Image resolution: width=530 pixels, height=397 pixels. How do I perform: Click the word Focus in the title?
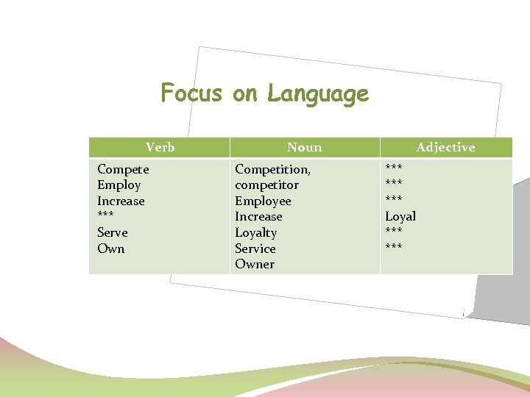tap(191, 94)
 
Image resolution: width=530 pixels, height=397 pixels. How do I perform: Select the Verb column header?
tap(160, 147)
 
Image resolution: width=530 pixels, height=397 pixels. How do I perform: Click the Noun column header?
tap(304, 147)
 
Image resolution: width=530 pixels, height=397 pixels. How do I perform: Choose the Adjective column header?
tap(445, 147)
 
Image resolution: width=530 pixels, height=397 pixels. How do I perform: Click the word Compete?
tap(123, 169)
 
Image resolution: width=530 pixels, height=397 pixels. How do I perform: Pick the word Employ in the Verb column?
tap(119, 185)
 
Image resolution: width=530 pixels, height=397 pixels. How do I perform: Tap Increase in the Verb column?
tap(121, 201)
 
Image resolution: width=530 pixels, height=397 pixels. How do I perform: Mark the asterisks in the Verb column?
tap(105, 217)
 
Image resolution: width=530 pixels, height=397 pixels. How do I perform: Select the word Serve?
tap(112, 232)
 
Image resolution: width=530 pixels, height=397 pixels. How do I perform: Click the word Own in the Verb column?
tap(110, 248)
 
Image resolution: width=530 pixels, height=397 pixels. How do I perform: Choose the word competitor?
tap(266, 185)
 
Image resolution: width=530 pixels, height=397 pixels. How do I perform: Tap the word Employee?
tap(263, 201)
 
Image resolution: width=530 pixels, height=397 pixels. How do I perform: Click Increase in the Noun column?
tap(258, 216)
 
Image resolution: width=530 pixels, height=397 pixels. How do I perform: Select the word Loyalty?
tap(255, 232)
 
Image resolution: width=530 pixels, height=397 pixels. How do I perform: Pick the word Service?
tap(255, 248)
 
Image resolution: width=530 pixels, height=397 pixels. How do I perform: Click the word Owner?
tap(254, 264)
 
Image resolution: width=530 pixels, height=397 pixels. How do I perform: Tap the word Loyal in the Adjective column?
tap(400, 216)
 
